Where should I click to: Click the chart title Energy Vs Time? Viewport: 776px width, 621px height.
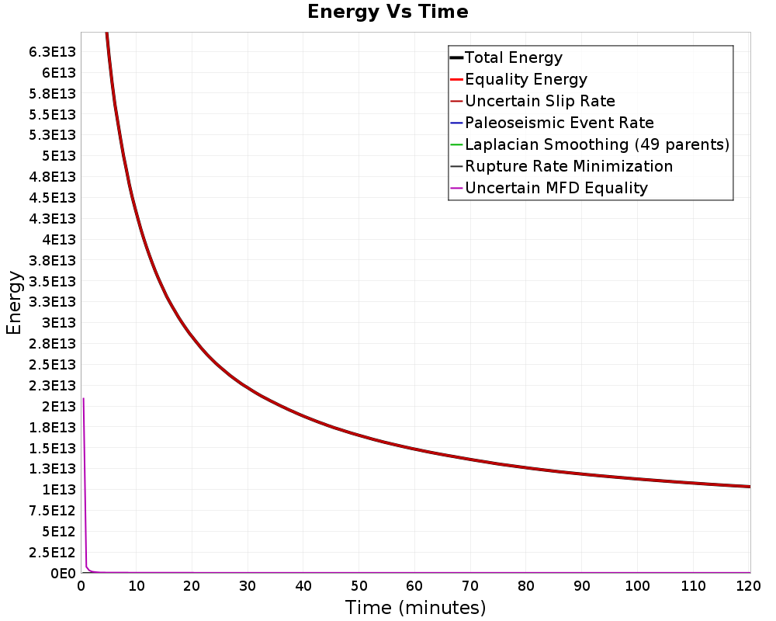[388, 12]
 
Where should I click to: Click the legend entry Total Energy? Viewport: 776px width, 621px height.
[513, 57]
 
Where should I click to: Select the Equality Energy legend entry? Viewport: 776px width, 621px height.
[525, 79]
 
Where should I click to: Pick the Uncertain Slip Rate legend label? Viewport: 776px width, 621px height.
[539, 101]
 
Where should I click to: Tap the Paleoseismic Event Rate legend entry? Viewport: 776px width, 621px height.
[559, 123]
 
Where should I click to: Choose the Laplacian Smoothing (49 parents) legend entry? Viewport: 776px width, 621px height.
[597, 144]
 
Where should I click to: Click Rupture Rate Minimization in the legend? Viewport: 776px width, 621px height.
[568, 166]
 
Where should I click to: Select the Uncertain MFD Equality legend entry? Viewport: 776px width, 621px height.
[556, 188]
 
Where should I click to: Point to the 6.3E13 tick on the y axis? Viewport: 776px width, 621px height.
[52, 52]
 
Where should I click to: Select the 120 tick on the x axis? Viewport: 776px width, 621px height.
[748, 587]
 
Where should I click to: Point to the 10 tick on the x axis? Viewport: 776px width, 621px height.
[137, 587]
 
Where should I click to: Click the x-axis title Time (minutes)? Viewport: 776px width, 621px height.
[415, 607]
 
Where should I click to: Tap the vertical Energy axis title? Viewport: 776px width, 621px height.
[14, 303]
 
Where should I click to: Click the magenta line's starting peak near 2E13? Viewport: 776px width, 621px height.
[83, 399]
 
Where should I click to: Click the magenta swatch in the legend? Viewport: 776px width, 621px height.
[456, 188]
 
